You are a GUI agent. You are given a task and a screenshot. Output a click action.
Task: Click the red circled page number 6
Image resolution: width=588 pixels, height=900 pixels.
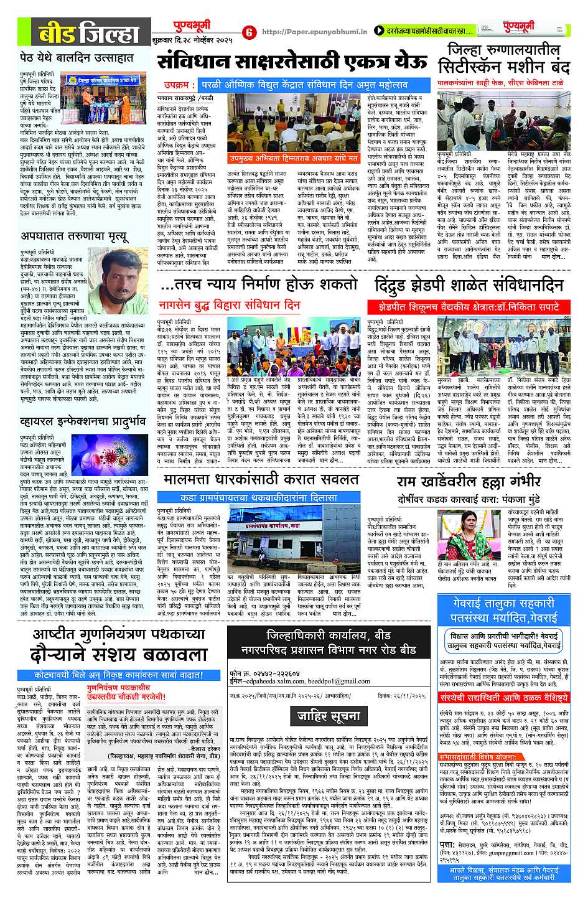[248, 32]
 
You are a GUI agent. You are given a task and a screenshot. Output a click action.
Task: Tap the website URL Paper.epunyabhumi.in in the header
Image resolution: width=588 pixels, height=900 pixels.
[314, 32]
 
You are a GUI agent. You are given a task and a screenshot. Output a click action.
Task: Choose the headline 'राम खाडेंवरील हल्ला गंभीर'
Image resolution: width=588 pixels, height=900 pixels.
[469, 482]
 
